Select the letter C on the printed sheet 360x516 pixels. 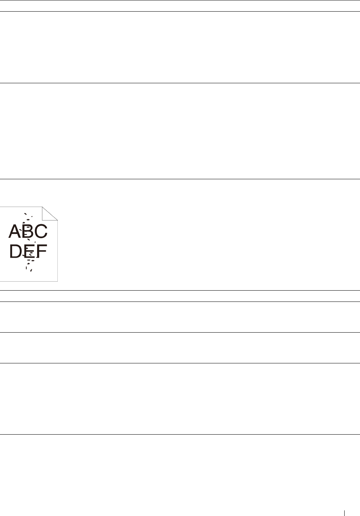pyautogui.click(x=40, y=231)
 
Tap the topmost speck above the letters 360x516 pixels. pyautogui.click(x=25, y=214)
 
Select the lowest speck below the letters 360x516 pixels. pyautogui.click(x=31, y=270)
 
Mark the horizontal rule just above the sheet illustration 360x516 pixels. pyautogui.click(x=180, y=179)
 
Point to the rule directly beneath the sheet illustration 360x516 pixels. pyautogui.click(x=180, y=290)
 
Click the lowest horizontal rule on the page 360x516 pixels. pyautogui.click(x=180, y=435)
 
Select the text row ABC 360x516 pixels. pyautogui.click(x=28, y=231)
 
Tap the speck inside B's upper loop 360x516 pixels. pyautogui.click(x=28, y=228)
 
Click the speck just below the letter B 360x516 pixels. pyautogui.click(x=28, y=240)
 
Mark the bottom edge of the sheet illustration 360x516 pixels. pyautogui.click(x=28, y=281)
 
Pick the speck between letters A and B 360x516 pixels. pyautogui.click(x=21, y=229)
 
